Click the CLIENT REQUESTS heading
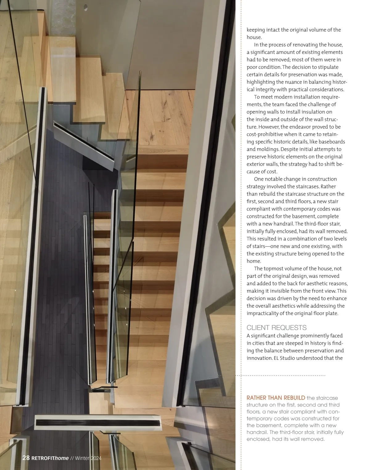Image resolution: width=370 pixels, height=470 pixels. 276,327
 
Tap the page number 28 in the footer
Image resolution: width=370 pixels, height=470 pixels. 26,458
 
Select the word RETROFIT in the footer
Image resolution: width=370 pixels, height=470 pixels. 43,458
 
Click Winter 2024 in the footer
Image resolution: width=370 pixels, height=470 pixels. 88,458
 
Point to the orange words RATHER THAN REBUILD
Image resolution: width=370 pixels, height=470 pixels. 276,398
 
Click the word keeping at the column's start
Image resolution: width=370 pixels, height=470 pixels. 256,30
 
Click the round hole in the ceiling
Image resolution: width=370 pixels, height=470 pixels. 86,8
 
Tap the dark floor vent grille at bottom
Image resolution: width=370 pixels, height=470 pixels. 98,423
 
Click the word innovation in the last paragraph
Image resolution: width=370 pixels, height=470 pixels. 259,358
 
